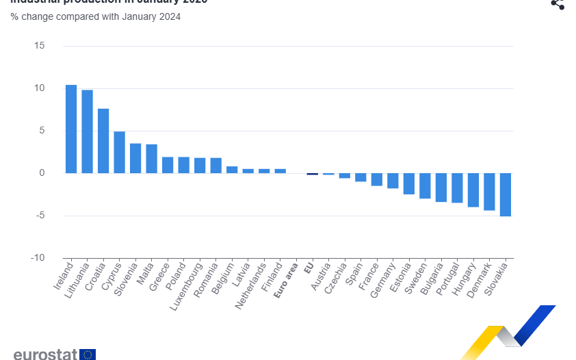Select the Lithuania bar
(x=87, y=131)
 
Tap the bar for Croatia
(x=103, y=140)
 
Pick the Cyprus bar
(x=119, y=152)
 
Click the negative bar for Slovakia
(x=506, y=194)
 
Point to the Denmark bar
(x=489, y=192)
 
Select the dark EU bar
(x=312, y=174)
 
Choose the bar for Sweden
(x=425, y=185)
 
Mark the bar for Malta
(x=151, y=159)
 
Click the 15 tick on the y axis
(x=39, y=46)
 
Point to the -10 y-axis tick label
(x=37, y=258)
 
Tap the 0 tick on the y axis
(x=41, y=173)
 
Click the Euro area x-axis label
(x=286, y=281)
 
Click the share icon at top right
(x=558, y=4)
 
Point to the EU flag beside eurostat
(x=88, y=355)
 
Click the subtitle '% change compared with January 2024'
(x=95, y=16)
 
